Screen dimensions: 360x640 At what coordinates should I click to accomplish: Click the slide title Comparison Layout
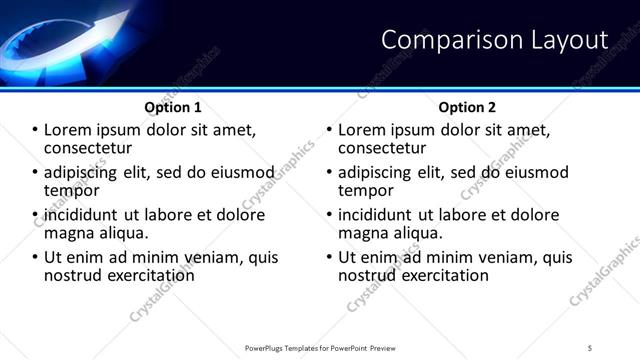[x=495, y=40]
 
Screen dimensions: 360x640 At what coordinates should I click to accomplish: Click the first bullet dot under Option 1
[x=35, y=131]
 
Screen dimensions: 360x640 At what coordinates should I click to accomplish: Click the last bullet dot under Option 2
[x=329, y=257]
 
